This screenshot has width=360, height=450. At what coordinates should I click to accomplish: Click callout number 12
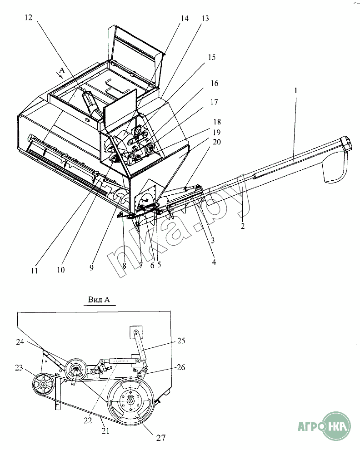click(x=29, y=18)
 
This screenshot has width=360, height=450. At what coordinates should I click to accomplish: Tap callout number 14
click(x=185, y=18)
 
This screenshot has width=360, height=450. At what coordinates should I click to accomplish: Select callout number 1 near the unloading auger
click(x=295, y=91)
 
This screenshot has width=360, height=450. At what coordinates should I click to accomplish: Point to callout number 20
click(x=217, y=142)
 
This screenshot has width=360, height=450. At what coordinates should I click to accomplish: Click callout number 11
click(x=35, y=271)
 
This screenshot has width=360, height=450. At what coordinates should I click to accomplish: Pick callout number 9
click(x=91, y=268)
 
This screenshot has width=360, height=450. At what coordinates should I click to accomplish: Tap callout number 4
click(x=214, y=262)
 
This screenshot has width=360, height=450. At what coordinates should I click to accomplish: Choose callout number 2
click(x=243, y=226)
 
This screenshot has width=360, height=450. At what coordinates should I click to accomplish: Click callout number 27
click(x=161, y=438)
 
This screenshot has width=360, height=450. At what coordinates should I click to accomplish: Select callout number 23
click(x=19, y=368)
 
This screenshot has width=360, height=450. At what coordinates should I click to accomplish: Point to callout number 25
click(x=181, y=341)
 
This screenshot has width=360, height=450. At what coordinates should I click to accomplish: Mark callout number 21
click(x=105, y=431)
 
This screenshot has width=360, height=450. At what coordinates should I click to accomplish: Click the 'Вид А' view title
click(x=99, y=300)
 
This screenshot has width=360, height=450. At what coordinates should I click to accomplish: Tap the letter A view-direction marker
click(x=62, y=70)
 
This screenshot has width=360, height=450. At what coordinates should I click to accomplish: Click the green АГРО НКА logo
click(x=325, y=426)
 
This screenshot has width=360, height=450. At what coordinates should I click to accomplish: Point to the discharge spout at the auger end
click(x=335, y=167)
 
